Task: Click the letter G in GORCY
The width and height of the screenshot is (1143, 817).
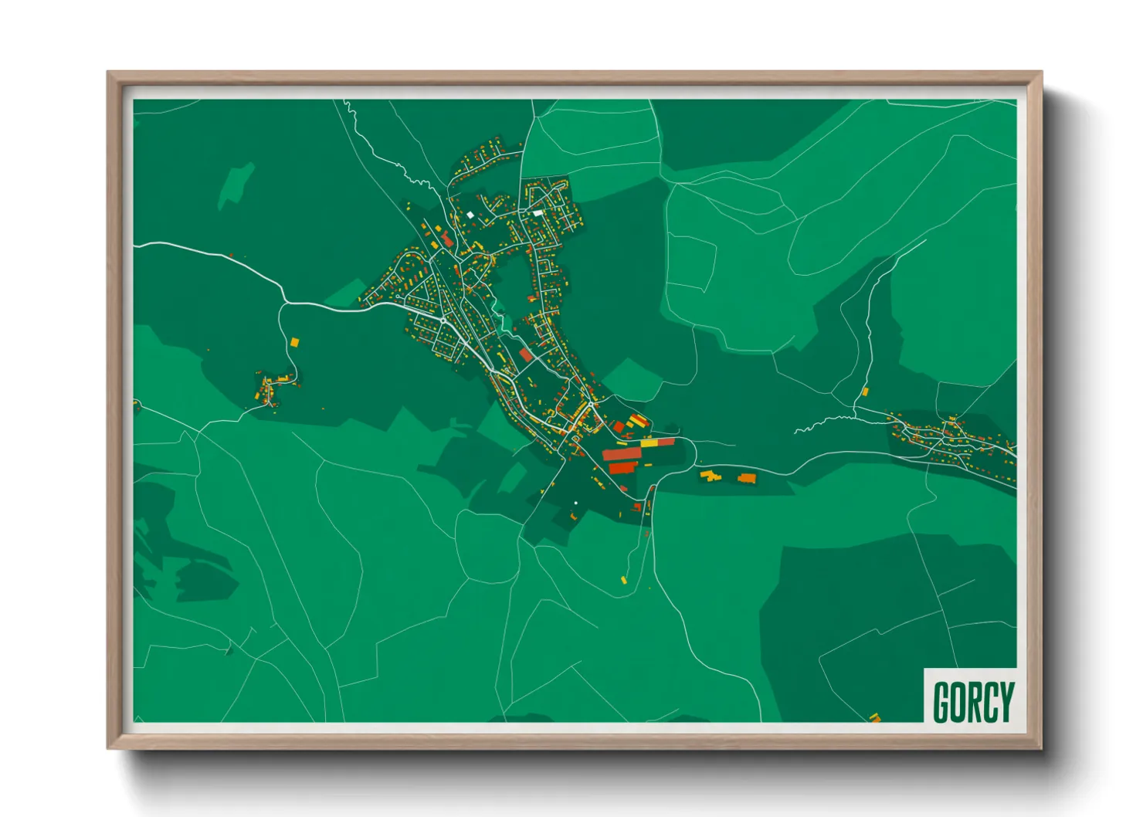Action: pyautogui.click(x=942, y=701)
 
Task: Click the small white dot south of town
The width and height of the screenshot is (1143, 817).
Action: pyautogui.click(x=575, y=503)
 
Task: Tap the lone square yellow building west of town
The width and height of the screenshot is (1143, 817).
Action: pyautogui.click(x=294, y=341)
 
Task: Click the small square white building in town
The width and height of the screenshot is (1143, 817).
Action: pyautogui.click(x=470, y=215)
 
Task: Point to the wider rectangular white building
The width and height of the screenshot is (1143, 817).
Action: pyautogui.click(x=538, y=213)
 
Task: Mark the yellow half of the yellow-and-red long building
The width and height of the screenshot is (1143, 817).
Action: pyautogui.click(x=650, y=443)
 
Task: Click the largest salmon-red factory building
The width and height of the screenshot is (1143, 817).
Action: pyautogui.click(x=622, y=454)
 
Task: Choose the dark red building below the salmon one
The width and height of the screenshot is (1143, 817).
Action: pyautogui.click(x=621, y=468)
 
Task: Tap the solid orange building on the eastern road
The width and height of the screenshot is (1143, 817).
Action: pyautogui.click(x=746, y=479)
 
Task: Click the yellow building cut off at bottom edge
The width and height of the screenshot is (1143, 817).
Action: pyautogui.click(x=875, y=718)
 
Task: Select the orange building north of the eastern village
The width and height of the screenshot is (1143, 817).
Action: pyautogui.click(x=865, y=392)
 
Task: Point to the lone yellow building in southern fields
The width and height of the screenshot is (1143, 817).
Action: pyautogui.click(x=624, y=579)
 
